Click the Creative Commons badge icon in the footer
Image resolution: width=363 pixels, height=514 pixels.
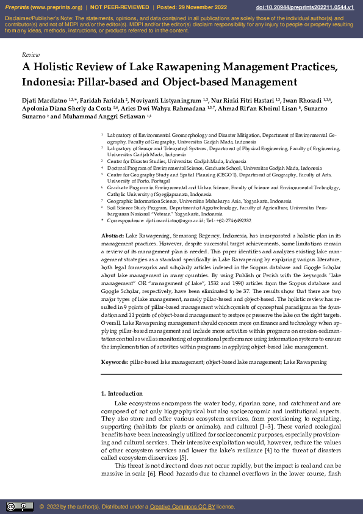pos(20,506)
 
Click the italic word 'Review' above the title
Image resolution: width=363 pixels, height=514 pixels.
pos(31,54)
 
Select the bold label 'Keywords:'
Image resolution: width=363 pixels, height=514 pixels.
pos(115,362)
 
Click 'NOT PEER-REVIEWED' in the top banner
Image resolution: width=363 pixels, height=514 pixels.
pos(120,7)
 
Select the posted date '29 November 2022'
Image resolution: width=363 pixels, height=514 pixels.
pos(209,7)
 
